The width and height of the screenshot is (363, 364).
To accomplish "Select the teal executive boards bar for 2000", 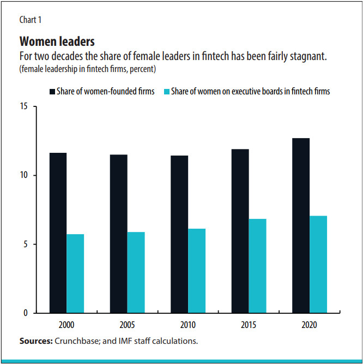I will tap(75, 273).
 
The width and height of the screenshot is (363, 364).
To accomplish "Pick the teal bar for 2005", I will tap(136, 272).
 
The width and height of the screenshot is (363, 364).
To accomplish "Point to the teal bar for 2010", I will tap(197, 271).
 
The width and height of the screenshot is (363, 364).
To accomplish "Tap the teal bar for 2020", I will tap(318, 264).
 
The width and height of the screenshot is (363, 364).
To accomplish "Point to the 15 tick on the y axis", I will tap(24, 106).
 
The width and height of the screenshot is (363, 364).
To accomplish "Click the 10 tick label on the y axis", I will tap(24, 175).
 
